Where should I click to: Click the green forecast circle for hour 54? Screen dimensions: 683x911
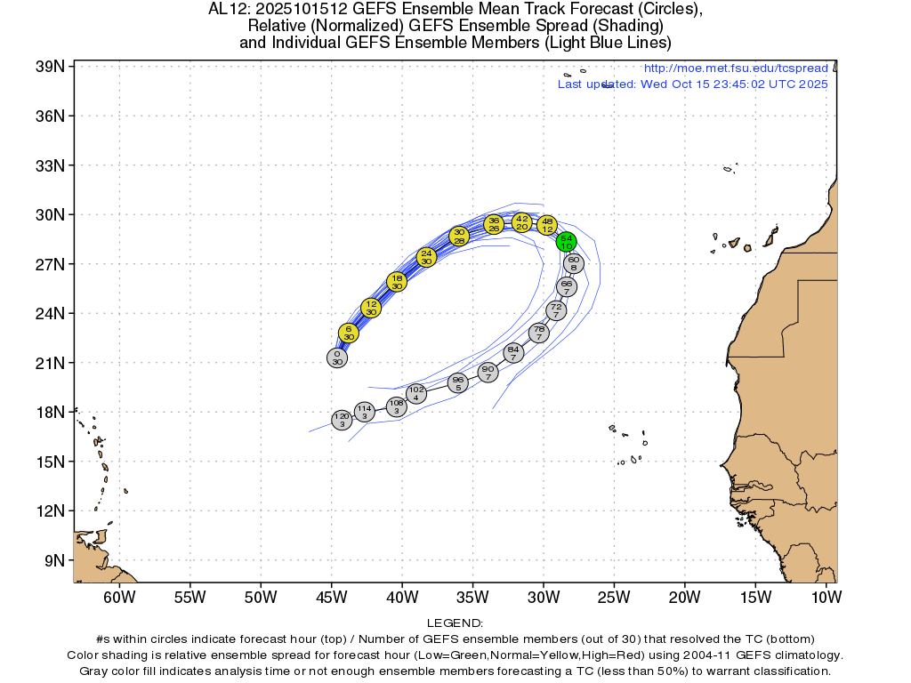click(567, 241)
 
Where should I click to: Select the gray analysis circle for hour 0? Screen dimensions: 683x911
click(336, 358)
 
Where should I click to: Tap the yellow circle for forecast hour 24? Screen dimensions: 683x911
click(427, 257)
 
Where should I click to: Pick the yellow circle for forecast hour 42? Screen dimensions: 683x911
click(522, 221)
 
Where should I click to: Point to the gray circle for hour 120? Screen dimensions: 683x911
click(342, 420)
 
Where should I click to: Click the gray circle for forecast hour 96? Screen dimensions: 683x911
click(457, 383)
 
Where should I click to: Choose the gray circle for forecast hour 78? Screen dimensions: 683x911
click(539, 333)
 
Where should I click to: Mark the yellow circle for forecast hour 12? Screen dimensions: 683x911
click(371, 308)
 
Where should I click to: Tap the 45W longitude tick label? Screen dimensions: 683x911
click(331, 596)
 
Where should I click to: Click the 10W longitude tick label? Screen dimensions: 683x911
click(826, 596)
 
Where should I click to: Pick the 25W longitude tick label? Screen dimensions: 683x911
click(614, 596)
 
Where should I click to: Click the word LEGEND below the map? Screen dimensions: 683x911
click(455, 623)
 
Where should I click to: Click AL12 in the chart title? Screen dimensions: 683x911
click(224, 10)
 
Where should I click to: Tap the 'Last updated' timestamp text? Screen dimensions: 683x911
click(692, 84)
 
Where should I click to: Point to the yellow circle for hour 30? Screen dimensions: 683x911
click(459, 236)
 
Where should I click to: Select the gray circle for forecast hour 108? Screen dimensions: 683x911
click(397, 406)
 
